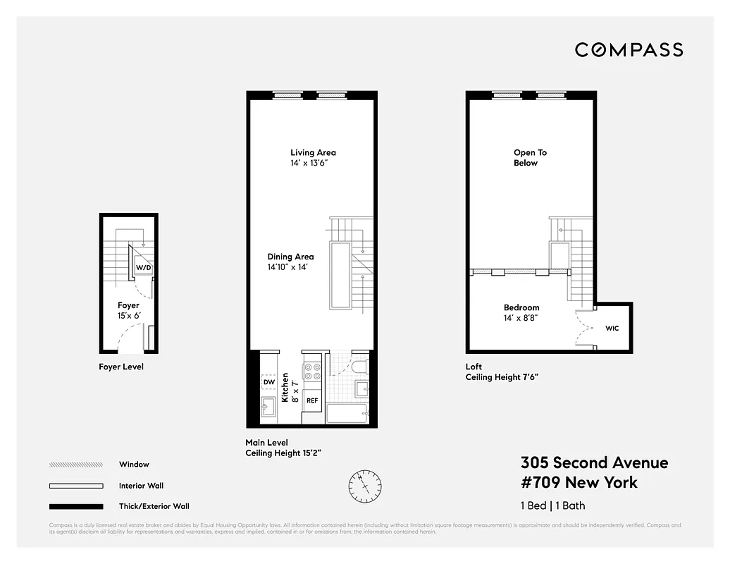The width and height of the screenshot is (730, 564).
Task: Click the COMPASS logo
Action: (629, 50)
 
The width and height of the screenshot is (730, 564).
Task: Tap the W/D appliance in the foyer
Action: (142, 268)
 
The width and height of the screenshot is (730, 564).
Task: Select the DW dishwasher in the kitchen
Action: (268, 382)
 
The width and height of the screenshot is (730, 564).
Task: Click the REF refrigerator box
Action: (311, 400)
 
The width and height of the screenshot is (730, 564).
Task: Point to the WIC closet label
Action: (612, 328)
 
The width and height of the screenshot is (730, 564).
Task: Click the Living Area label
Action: (313, 152)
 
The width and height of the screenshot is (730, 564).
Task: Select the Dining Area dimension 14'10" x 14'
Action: (290, 267)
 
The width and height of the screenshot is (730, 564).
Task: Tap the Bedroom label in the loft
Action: (521, 307)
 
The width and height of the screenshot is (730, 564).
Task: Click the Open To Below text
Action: (530, 157)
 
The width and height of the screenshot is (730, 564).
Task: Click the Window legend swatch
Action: (76, 465)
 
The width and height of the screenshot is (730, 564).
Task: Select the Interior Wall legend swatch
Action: (76, 486)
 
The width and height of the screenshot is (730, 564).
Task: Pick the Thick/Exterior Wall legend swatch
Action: (76, 506)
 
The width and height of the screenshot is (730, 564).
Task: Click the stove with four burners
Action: (312, 372)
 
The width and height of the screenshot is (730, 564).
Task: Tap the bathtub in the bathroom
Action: (347, 414)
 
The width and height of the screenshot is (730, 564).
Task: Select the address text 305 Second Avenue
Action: (594, 463)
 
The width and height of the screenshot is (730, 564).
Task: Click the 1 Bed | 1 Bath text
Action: (552, 505)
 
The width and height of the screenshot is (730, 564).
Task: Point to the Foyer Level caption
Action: (121, 367)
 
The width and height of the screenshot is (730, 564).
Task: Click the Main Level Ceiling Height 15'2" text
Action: (283, 448)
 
